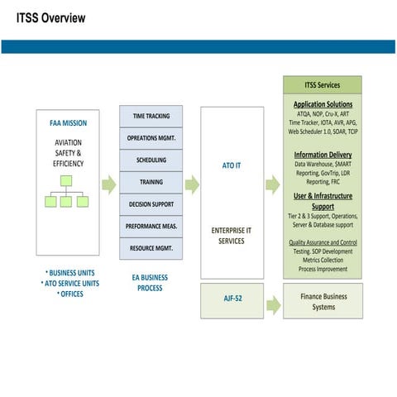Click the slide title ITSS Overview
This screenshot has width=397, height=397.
tap(50, 17)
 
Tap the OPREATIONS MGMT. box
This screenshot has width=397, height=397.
tap(151, 138)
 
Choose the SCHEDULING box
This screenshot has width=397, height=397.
tap(151, 160)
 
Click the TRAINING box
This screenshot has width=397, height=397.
tap(151, 182)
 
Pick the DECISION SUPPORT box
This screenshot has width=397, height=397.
tap(151, 203)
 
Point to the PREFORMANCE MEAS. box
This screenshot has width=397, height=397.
tap(151, 226)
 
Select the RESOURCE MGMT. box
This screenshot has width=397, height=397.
tap(151, 247)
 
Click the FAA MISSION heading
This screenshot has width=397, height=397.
tap(68, 123)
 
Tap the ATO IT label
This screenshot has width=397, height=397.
tap(232, 165)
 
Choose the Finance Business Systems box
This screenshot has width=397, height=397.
tap(323, 302)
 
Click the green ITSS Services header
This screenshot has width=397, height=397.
tap(323, 84)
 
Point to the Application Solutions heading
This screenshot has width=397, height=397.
tap(323, 104)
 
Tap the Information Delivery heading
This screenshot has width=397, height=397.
tap(323, 155)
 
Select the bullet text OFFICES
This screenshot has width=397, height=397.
tap(70, 294)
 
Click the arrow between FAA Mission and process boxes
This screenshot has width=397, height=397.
tap(108, 184)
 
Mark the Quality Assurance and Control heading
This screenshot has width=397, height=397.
tap(323, 242)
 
